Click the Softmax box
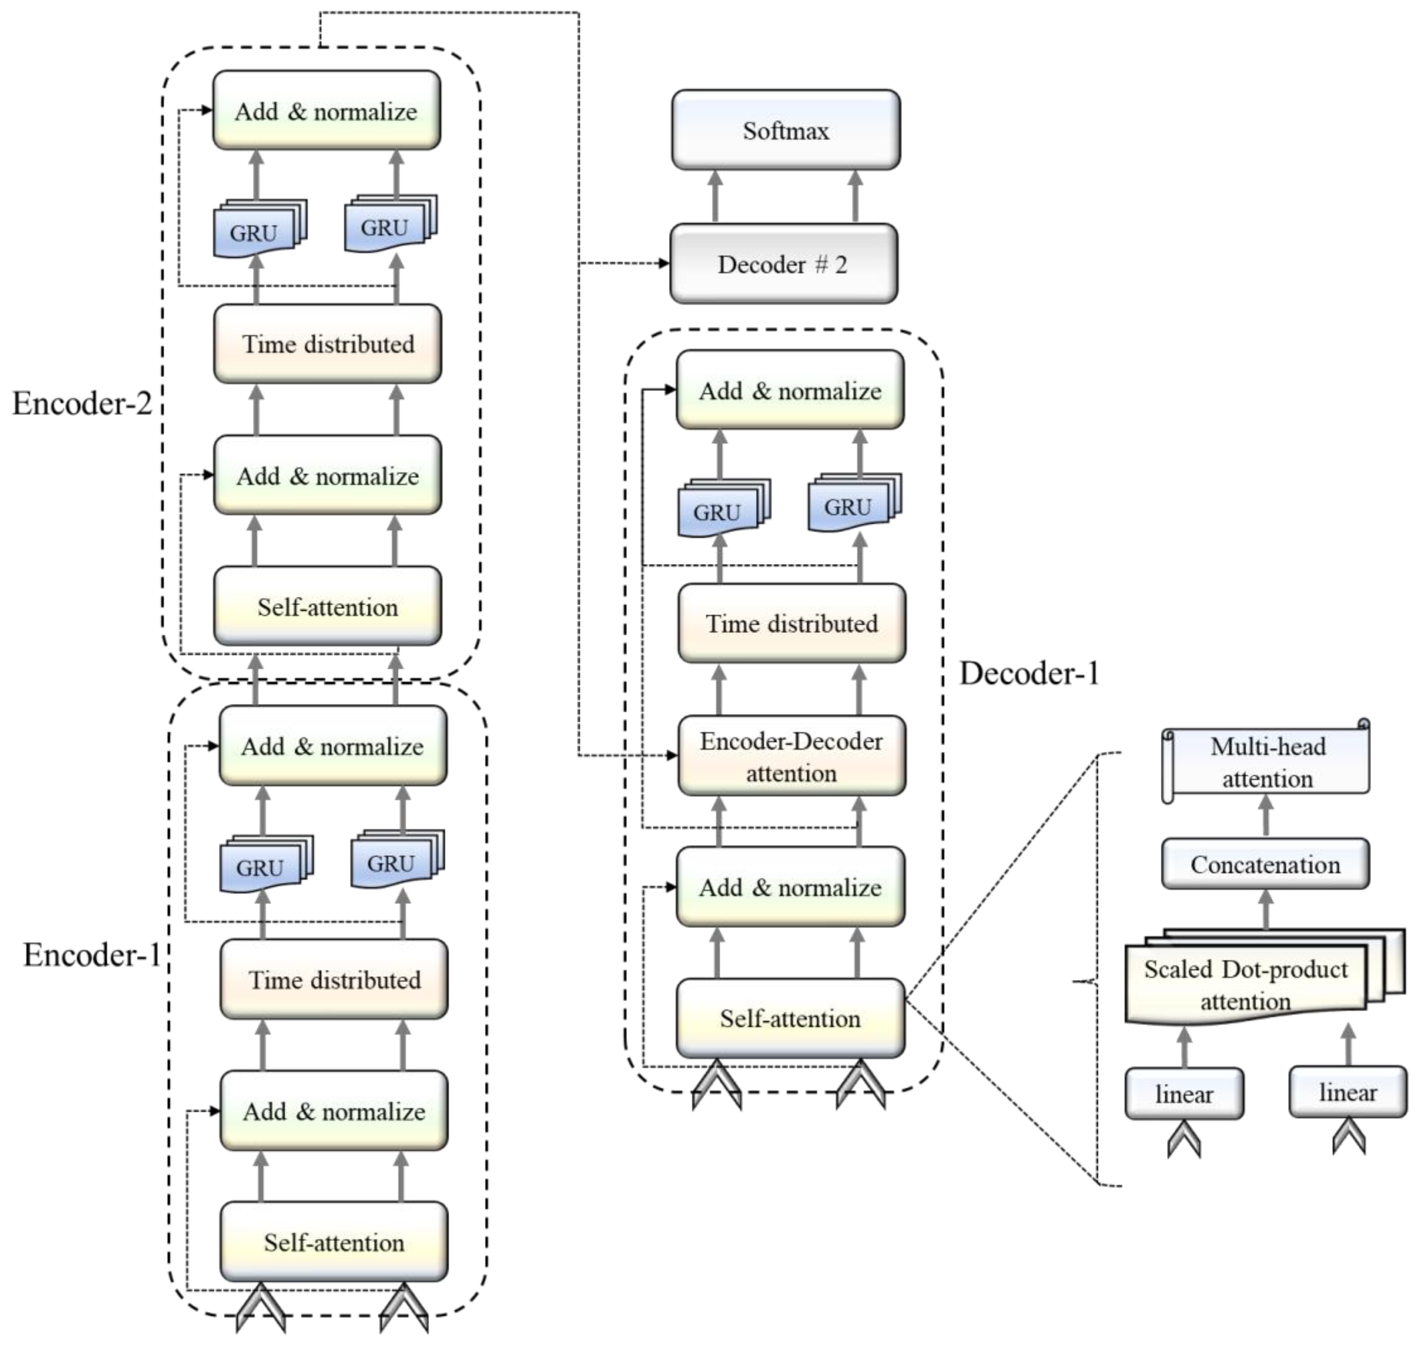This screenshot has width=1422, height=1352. [786, 131]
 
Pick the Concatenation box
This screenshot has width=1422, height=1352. [1265, 864]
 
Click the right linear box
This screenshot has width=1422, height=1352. [1347, 1092]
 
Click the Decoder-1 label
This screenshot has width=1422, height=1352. [1028, 673]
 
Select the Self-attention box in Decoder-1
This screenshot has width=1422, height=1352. [790, 1019]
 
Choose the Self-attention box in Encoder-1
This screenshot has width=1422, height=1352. [334, 1242]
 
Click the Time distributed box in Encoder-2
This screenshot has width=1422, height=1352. [328, 344]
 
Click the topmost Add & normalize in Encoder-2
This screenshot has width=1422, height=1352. [326, 111]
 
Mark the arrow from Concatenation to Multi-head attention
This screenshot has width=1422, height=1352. [1266, 815]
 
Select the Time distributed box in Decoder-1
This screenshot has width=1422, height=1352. [791, 623]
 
